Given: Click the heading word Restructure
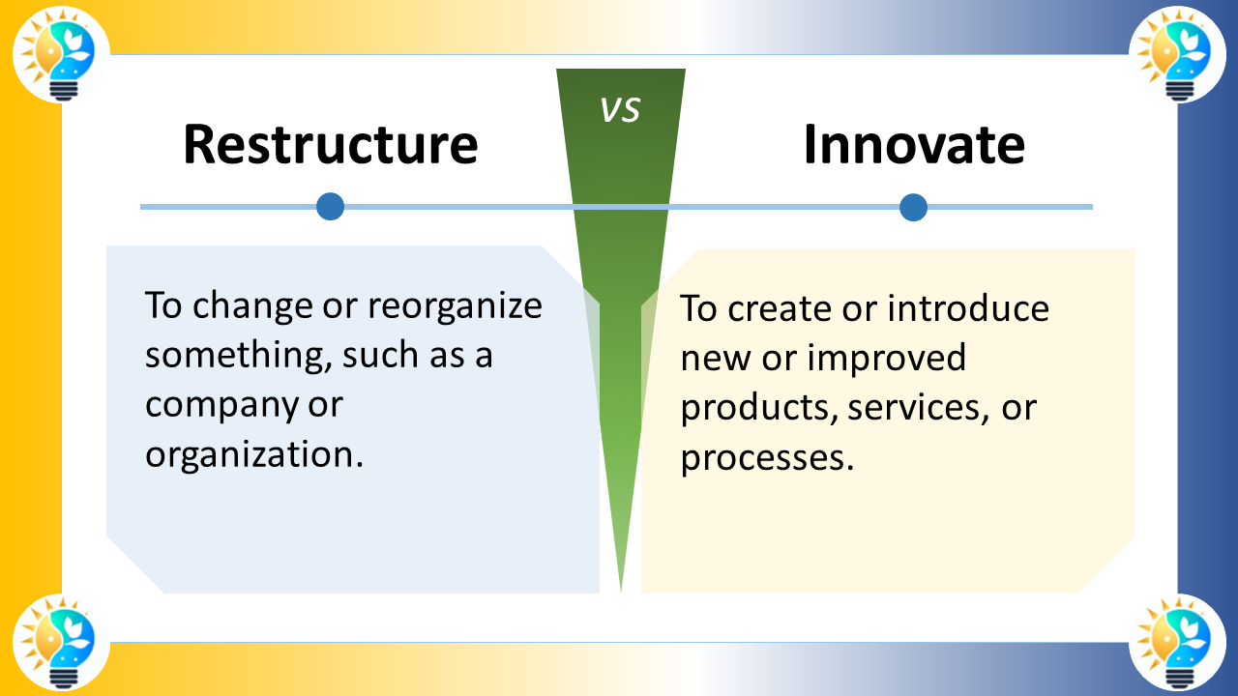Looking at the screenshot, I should (330, 144).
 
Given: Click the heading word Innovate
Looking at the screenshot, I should (914, 144).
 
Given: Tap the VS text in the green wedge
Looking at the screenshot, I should (620, 110).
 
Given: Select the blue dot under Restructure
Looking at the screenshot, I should (331, 207).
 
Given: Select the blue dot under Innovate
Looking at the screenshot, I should (913, 207).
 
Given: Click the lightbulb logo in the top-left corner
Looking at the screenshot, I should (61, 54).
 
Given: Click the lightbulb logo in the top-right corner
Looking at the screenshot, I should (1177, 54).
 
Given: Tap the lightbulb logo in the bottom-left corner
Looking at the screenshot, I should (61, 642).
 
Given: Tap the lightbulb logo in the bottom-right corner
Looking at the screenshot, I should (1177, 642).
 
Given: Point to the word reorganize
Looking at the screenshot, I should (455, 306).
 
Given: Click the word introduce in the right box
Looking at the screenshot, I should (968, 308).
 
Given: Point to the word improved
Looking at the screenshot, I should (886, 358).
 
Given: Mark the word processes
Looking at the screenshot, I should (767, 458).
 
